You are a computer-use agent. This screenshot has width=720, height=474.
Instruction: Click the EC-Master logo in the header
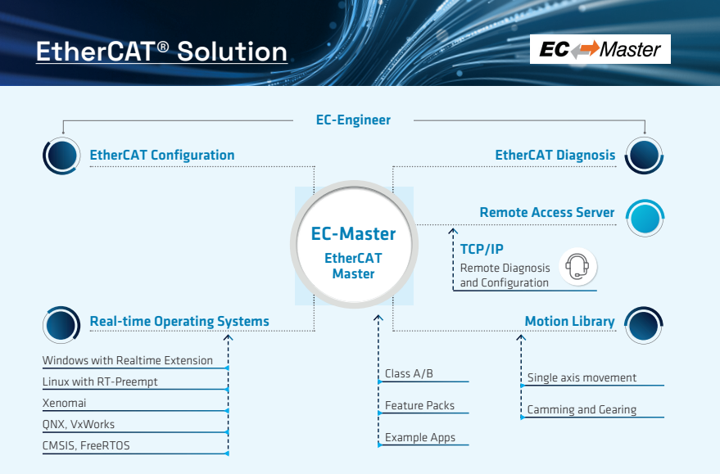click(600, 49)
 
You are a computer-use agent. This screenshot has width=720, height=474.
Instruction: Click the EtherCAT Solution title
click(161, 51)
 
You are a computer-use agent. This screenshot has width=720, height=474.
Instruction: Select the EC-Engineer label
click(353, 120)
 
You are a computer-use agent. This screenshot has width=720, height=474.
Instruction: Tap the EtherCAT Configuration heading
click(162, 155)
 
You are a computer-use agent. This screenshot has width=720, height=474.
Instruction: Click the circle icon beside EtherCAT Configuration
click(61, 155)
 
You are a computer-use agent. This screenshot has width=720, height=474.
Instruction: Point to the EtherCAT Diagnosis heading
click(555, 155)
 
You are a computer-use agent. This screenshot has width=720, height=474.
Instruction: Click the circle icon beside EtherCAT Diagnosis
click(644, 155)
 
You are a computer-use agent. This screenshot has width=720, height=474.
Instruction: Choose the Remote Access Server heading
click(546, 212)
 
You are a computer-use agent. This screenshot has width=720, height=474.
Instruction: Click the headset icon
click(577, 267)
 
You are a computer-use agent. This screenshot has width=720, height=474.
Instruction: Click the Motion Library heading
click(569, 321)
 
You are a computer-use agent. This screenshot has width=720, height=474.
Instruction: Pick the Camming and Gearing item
click(582, 409)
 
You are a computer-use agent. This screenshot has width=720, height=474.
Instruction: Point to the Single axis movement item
click(582, 377)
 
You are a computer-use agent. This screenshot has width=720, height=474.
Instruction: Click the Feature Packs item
click(419, 405)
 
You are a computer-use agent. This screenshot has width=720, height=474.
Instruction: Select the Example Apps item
click(420, 437)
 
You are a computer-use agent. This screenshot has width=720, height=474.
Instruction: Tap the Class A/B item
click(409, 373)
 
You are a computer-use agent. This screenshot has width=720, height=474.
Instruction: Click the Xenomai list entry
click(65, 403)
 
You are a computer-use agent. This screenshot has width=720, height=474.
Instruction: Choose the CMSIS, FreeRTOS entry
click(86, 445)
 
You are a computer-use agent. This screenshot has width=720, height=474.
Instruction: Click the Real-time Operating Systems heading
click(179, 321)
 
